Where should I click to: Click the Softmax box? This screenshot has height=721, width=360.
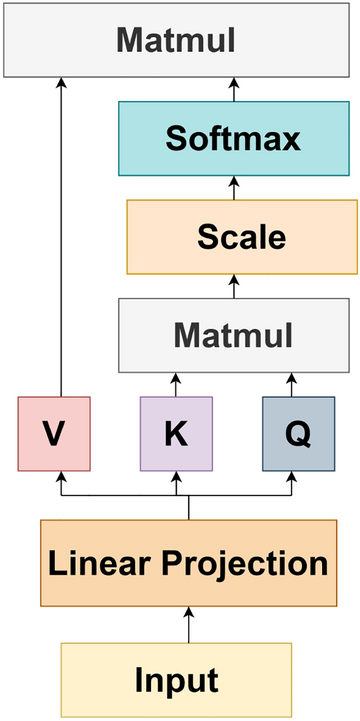point(234,138)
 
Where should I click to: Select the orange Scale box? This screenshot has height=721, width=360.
point(241,237)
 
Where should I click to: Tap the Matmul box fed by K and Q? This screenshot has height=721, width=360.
point(234,334)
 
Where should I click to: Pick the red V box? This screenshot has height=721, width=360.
point(54,433)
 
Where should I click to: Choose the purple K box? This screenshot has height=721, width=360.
point(176,433)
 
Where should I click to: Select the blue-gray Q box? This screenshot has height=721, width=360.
point(297,433)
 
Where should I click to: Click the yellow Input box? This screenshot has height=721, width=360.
point(176,680)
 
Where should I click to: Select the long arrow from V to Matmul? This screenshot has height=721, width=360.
point(60,240)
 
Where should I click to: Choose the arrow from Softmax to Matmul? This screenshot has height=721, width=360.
point(234,90)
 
